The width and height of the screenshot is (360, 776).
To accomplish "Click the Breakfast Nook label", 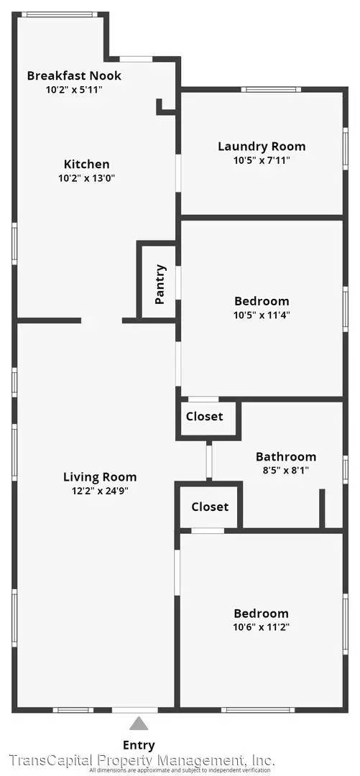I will [74, 75].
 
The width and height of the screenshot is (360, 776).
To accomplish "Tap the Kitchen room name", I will [86, 164].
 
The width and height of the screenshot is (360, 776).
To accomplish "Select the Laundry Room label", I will [262, 147].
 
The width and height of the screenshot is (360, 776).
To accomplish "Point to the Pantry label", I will [160, 285].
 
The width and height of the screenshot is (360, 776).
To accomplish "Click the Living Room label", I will [100, 476].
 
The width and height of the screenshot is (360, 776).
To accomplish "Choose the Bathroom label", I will [286, 457].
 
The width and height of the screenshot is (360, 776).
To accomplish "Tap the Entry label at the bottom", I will [139, 745].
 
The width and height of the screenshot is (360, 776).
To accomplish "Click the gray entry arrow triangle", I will [139, 724].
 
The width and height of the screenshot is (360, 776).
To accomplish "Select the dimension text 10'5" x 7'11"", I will [262, 161].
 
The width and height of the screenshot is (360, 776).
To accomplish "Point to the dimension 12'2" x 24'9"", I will [100, 491].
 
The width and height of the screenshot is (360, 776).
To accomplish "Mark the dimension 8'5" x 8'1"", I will [286, 471].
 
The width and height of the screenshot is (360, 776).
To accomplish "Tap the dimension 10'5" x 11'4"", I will [262, 315].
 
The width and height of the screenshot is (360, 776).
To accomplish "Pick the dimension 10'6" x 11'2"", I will [262, 627].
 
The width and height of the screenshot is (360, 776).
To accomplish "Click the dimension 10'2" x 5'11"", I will [74, 90].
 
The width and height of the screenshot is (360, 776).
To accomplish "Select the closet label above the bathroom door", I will [204, 416].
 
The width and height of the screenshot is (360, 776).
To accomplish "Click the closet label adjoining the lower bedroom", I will [210, 507].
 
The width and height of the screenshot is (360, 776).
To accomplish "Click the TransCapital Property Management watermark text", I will [141, 760].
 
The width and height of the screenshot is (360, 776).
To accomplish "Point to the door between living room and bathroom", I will [209, 461].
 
